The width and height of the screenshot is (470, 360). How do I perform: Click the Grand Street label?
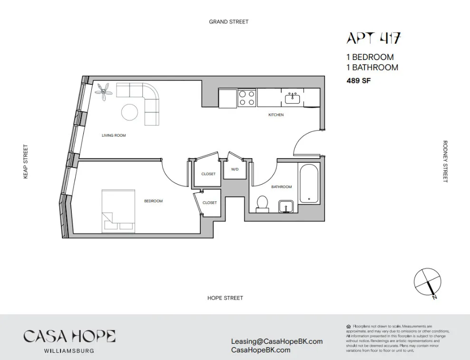228,22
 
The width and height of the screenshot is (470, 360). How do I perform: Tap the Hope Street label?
225,298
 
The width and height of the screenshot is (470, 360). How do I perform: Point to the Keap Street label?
26,162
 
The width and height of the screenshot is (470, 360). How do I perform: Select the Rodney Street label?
445,161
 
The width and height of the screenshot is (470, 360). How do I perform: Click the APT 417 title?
373,38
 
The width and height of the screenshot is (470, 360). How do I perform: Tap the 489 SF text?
358,81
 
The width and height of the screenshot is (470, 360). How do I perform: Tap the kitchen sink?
292,99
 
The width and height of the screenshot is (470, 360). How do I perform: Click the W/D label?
235,170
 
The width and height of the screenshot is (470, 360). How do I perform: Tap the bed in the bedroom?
118,211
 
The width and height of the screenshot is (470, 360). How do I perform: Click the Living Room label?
114,136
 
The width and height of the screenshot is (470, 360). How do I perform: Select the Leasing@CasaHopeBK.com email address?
276,341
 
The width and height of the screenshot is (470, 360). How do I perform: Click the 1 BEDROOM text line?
370,57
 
